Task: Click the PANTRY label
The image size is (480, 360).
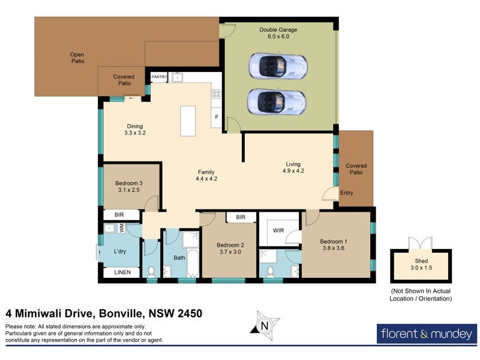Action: click(159, 77)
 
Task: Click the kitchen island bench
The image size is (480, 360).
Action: click(188, 121)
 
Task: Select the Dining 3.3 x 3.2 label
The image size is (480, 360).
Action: click(134, 130)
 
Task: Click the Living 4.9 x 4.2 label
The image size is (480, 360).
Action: click(293, 167)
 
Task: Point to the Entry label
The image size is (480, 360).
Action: click(347, 193)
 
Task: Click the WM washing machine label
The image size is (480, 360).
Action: click(121, 229)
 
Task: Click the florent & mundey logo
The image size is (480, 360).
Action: click(427, 333)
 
